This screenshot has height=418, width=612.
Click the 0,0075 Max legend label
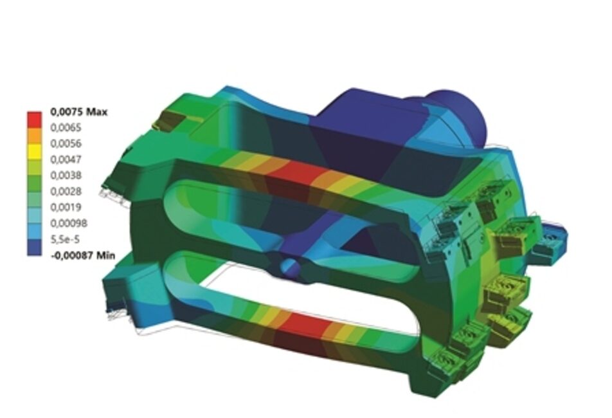[79, 112]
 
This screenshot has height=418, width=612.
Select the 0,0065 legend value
[66, 127]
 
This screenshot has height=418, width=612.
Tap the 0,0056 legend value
[66, 143]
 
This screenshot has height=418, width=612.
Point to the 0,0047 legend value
[66, 159]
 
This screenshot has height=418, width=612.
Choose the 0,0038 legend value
[66, 176]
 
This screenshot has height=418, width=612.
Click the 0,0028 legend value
[66, 192]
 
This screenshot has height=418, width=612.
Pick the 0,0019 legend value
[66, 207]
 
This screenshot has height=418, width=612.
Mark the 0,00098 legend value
[69, 223]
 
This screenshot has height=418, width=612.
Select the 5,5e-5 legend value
[65, 239]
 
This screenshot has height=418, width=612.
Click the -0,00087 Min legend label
[83, 255]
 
